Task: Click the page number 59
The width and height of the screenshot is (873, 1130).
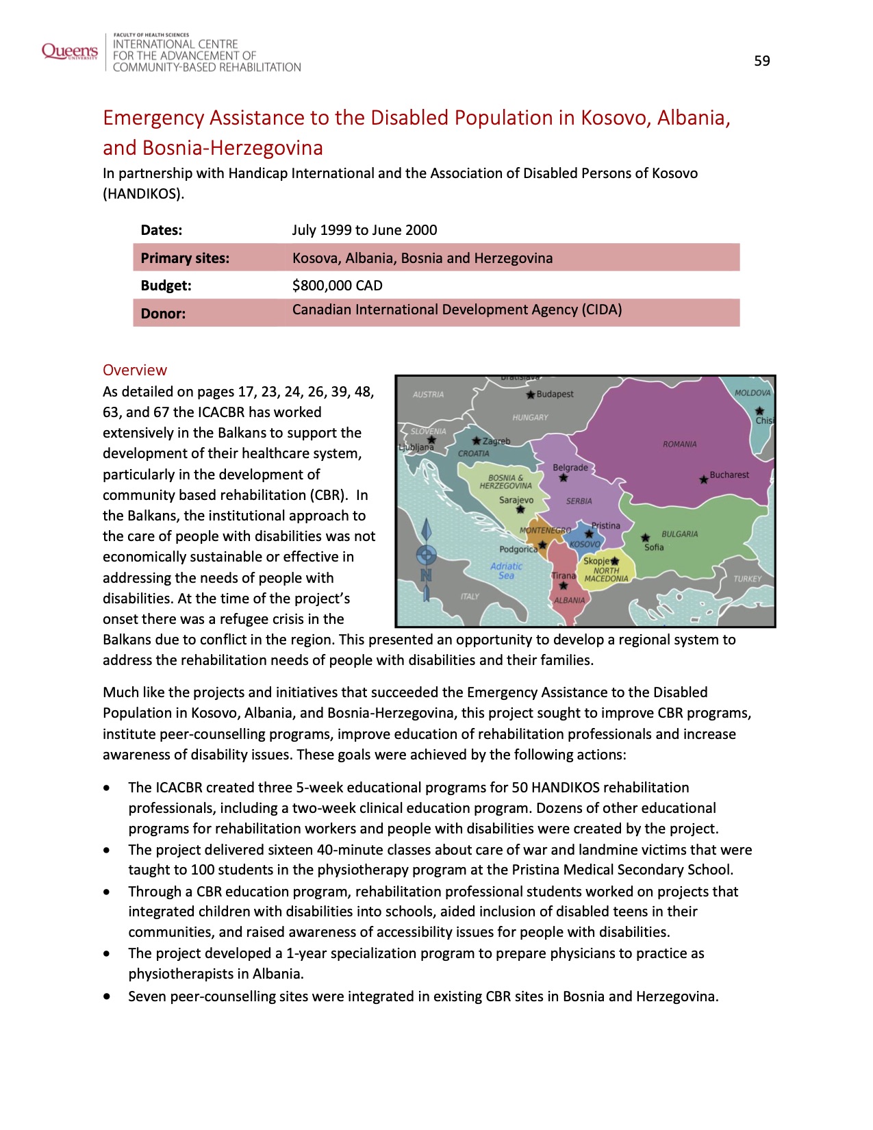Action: [761, 61]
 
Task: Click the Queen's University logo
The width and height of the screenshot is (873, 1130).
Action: [70, 51]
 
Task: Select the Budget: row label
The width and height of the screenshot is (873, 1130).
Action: [166, 286]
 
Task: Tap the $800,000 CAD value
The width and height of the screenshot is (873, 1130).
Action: [337, 286]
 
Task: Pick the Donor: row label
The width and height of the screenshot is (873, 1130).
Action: [163, 314]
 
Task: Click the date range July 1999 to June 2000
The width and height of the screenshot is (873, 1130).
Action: [364, 230]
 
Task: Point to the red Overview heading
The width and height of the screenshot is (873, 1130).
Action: [135, 370]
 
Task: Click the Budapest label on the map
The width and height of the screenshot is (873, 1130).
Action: [555, 394]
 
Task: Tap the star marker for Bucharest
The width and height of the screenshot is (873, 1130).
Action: [703, 479]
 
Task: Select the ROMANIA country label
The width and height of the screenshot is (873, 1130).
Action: [679, 444]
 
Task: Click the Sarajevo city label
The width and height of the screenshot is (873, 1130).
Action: [516, 500]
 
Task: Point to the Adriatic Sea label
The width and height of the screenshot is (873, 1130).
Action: [506, 571]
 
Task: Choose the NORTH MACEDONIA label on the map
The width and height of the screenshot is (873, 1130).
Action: [606, 575]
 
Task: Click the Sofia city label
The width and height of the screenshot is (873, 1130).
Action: [654, 547]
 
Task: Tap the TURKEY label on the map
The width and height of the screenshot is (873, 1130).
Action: [747, 579]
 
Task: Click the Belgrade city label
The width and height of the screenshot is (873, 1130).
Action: [570, 468]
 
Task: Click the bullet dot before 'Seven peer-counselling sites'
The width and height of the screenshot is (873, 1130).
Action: [107, 996]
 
